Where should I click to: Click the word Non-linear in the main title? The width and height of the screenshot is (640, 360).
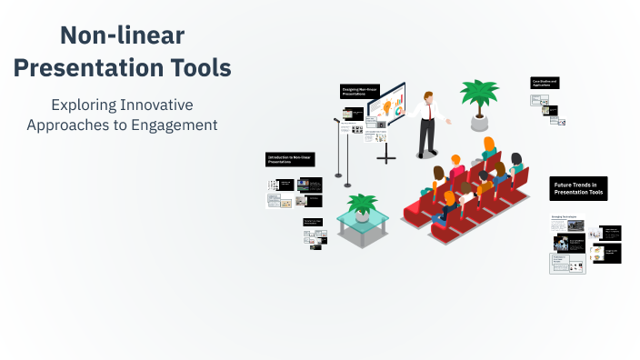tap(122, 36)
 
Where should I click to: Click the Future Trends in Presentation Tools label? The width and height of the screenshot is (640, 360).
tap(578, 188)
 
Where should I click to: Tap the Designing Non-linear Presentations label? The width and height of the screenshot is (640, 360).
tap(361, 91)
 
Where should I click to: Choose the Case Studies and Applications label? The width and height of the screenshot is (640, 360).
tap(545, 83)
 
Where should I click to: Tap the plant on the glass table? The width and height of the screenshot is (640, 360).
tap(362, 205)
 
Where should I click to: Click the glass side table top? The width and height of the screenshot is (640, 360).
tap(364, 220)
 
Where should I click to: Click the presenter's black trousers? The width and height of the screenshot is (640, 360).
tap(426, 136)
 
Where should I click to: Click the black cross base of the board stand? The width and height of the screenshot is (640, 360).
tap(386, 156)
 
